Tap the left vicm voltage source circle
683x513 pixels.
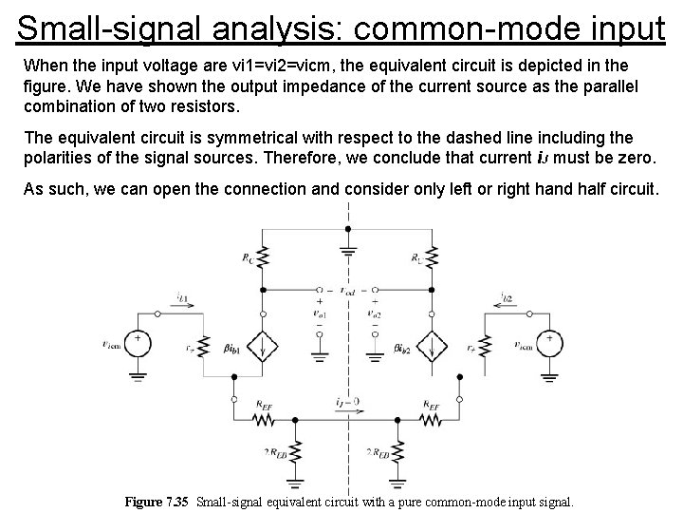point(138,344)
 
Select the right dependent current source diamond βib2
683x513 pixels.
point(434,347)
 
